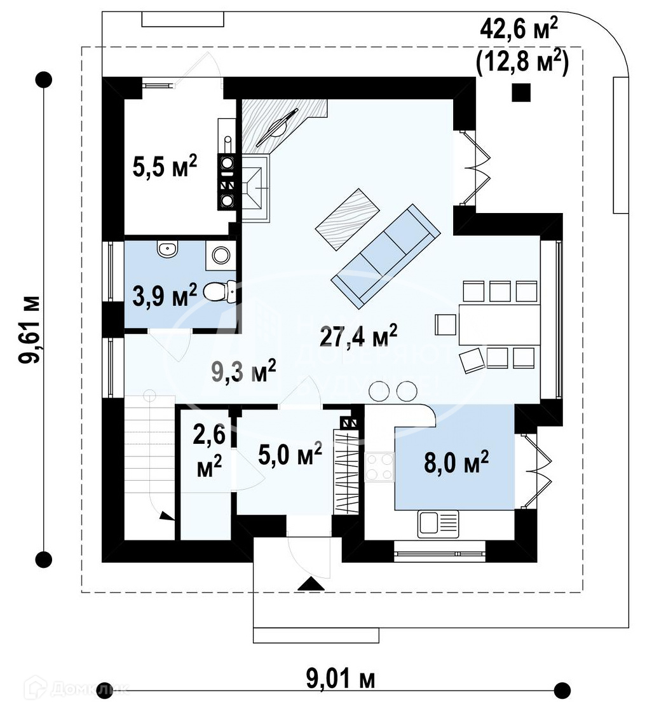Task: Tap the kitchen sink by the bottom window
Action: pos(437,524)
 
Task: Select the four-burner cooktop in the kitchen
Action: pos(379,467)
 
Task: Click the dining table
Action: pos(499,324)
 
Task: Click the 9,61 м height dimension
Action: pos(30,329)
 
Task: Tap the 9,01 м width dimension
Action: pos(341,680)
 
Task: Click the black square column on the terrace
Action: pos(522,93)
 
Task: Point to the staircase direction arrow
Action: pos(166,516)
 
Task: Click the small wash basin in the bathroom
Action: pos(168,250)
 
